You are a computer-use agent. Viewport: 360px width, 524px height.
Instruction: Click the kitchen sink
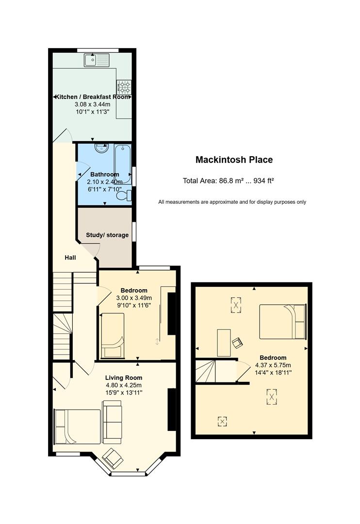pos(97,60)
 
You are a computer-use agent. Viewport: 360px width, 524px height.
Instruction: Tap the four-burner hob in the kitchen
pos(124,87)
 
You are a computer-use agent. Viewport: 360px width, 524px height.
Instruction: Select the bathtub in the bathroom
pos(123,164)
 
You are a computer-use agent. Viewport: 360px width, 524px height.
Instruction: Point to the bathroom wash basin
pos(102,147)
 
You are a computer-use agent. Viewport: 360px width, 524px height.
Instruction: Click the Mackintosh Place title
pos(234,160)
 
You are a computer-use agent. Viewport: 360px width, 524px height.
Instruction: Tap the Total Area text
pos(229,181)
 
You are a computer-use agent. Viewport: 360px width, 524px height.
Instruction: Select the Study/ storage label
pos(107,235)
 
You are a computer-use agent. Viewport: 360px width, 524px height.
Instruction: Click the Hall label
pos(70,257)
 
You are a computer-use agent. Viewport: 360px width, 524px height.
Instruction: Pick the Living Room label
pos(124,377)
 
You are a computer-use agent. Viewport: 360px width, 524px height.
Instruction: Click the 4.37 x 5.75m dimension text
pos(273,365)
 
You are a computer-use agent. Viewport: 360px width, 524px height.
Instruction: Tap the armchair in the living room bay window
pos(113,458)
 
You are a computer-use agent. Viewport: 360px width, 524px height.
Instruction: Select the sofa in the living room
pos(112,422)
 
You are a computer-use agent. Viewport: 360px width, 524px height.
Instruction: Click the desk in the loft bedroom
pos(224,343)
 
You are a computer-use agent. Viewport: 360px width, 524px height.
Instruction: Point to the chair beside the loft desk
pos(237,343)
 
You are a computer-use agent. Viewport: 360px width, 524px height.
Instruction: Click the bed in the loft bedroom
pos(283,322)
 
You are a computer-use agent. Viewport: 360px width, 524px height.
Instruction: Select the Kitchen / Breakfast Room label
pos(92,97)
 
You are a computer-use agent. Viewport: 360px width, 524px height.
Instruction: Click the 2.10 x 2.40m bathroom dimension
pos(105,182)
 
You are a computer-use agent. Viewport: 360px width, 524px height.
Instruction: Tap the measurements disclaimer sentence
pos(232,202)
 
